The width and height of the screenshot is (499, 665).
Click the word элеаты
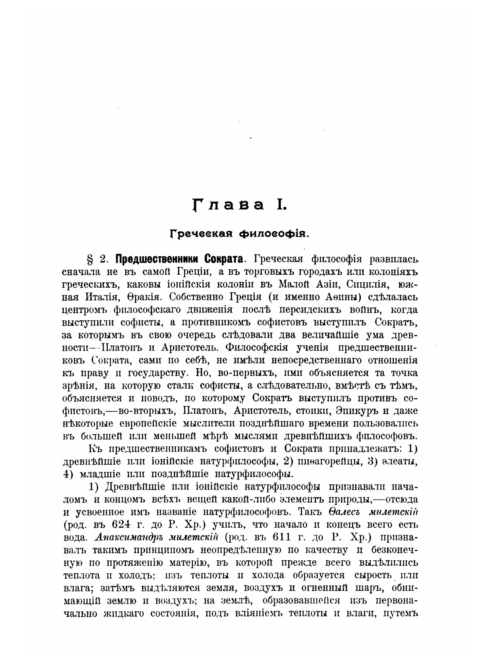398,461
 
